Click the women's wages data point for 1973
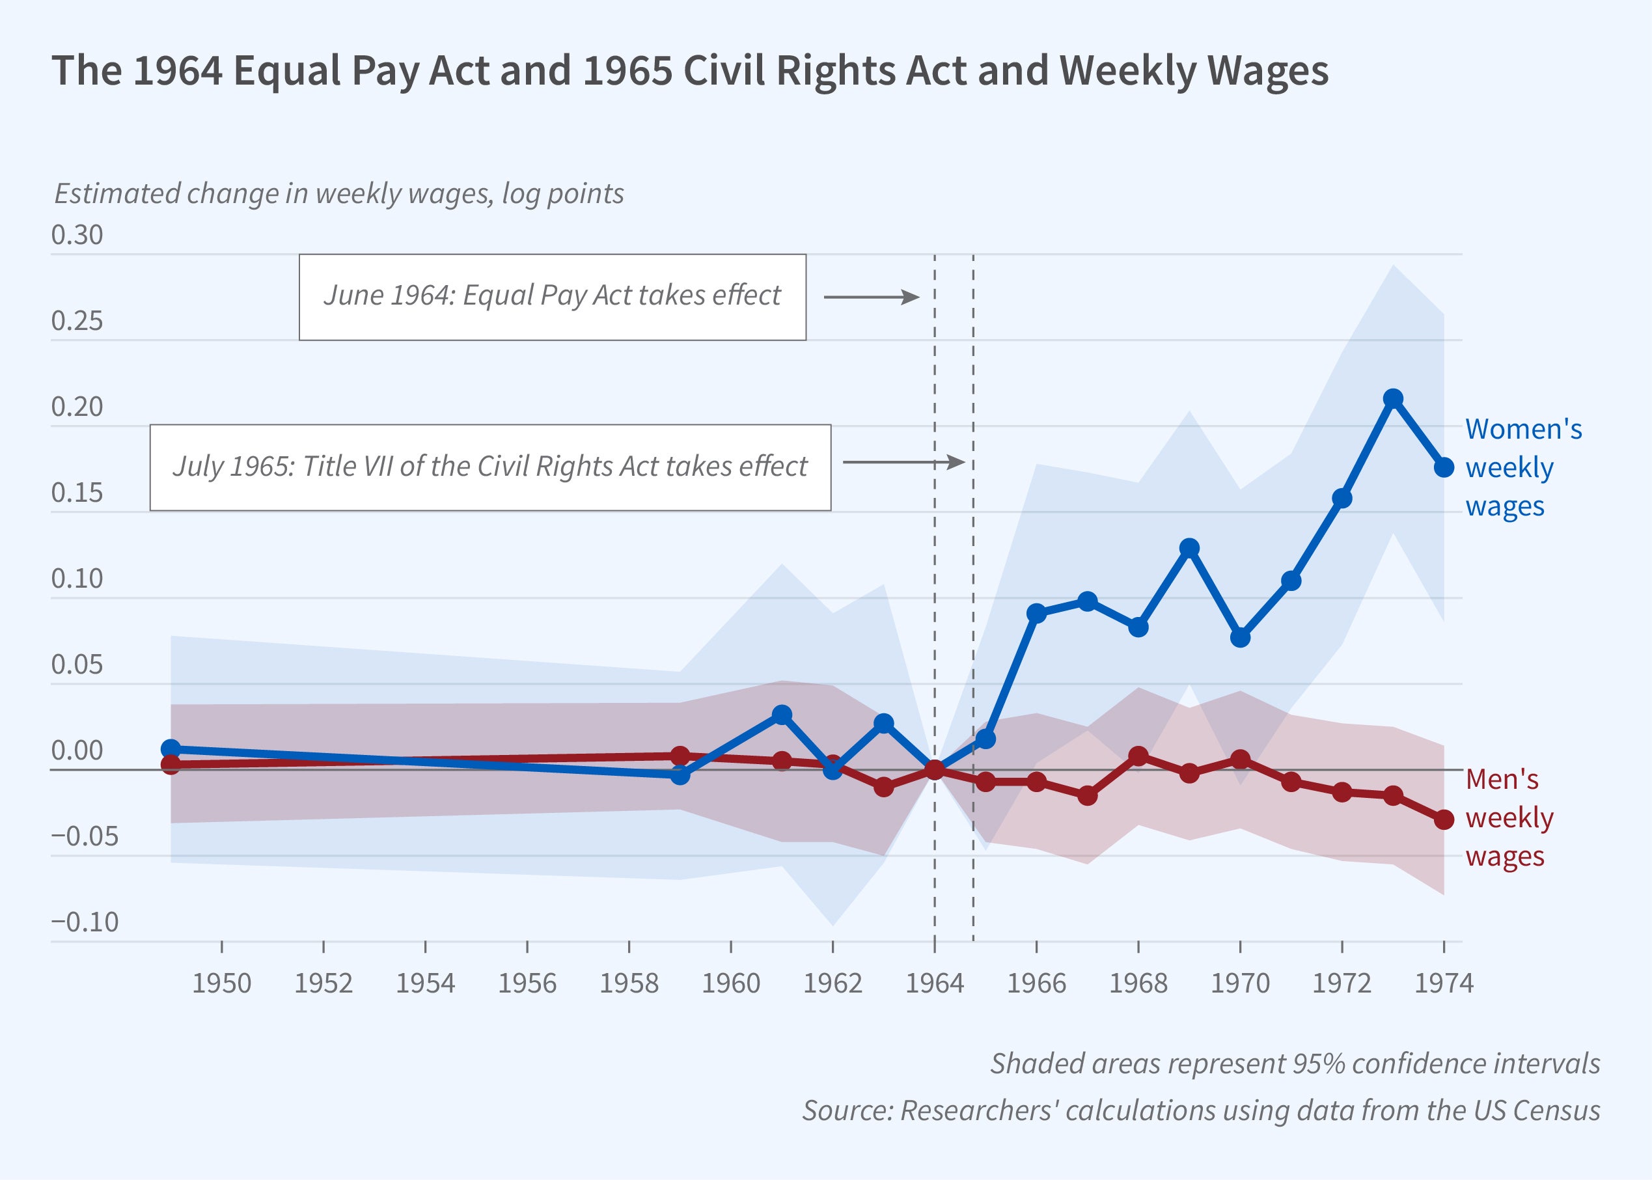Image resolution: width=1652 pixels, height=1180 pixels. (1393, 399)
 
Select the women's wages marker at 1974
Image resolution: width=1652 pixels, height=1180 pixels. (1444, 467)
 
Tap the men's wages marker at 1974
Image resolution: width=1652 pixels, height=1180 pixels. (1444, 819)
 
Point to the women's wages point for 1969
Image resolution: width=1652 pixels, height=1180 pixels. (1189, 548)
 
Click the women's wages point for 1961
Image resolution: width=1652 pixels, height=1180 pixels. (782, 715)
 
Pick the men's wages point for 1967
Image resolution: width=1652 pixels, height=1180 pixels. (1088, 795)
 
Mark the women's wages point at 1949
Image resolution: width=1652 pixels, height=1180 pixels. (171, 749)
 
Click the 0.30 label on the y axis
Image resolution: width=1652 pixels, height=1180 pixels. (77, 236)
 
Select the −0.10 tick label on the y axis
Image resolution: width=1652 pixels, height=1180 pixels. (84, 922)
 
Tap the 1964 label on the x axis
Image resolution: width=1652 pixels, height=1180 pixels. (934, 983)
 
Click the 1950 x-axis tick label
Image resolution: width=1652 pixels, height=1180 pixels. (221, 983)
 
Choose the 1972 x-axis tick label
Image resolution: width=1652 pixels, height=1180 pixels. (1342, 983)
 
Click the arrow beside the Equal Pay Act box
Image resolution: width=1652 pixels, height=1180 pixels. (871, 297)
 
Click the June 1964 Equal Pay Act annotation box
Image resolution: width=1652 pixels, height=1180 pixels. (552, 296)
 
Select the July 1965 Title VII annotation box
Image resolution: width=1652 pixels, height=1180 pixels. (490, 467)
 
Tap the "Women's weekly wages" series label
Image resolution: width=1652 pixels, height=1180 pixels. (1522, 467)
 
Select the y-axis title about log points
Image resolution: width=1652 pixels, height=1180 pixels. (339, 194)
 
